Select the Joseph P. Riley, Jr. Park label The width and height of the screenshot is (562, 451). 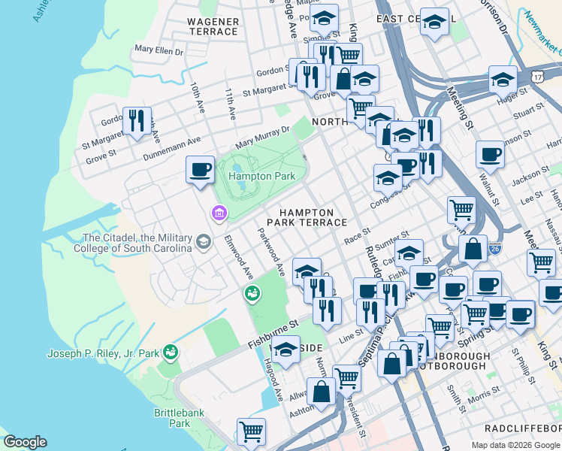(103, 353)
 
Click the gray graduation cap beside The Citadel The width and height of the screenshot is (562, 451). (203, 242)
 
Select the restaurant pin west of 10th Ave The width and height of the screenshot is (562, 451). (137, 120)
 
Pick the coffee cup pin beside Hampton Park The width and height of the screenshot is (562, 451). (200, 169)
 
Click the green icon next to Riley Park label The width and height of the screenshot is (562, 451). (171, 352)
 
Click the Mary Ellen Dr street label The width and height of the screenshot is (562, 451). (159, 51)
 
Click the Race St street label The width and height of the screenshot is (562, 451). (357, 237)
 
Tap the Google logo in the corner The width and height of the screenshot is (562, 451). (25, 442)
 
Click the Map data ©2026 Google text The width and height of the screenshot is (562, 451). (515, 445)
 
